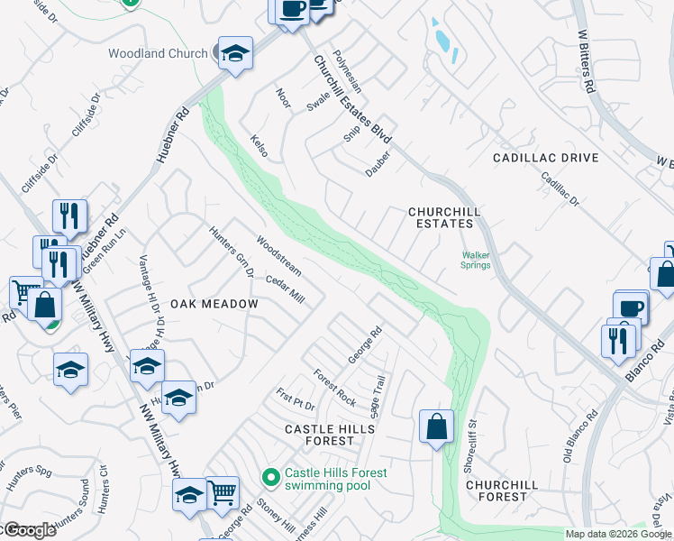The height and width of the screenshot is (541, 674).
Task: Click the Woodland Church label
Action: point(158,53)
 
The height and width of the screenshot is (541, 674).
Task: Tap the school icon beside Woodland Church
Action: point(234,53)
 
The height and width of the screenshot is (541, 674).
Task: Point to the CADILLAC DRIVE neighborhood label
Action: point(545,158)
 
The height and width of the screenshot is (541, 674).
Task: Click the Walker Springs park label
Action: point(476,260)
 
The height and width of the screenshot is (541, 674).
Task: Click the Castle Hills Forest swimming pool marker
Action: point(269,476)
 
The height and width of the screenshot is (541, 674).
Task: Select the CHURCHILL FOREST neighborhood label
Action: point(502,491)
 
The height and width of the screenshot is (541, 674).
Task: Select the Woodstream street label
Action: point(278,255)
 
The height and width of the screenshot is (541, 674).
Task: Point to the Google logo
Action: point(29,530)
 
